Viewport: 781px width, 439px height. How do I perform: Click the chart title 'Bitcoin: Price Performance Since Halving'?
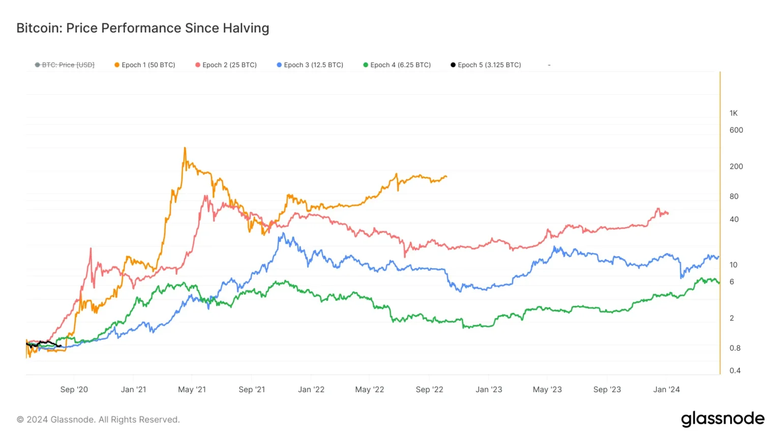pyautogui.click(x=142, y=28)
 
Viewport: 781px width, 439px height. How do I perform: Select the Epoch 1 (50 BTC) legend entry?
pyautogui.click(x=145, y=65)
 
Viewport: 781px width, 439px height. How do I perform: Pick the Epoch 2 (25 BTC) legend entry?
pyautogui.click(x=226, y=65)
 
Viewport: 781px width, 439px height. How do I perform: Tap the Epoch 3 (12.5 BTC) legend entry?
pyautogui.click(x=310, y=65)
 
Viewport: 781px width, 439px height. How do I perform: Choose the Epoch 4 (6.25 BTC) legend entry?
pyautogui.click(x=397, y=65)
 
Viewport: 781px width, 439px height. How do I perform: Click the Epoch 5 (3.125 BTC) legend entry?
pyautogui.click(x=486, y=65)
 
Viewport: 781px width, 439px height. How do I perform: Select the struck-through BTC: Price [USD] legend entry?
pyautogui.click(x=65, y=65)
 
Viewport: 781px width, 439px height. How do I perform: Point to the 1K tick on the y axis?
pyautogui.click(x=733, y=113)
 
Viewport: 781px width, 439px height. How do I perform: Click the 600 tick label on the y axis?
pyautogui.click(x=736, y=130)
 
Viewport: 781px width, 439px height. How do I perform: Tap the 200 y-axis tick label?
pyautogui.click(x=736, y=167)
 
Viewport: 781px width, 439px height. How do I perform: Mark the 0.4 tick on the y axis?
pyautogui.click(x=735, y=370)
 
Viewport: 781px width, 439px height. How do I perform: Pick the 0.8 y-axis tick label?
pyautogui.click(x=735, y=348)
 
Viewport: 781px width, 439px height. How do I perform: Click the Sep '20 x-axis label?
pyautogui.click(x=74, y=390)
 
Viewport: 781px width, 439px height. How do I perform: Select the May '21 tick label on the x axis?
pyautogui.click(x=192, y=390)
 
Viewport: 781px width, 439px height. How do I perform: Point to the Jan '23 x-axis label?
pyautogui.click(x=489, y=390)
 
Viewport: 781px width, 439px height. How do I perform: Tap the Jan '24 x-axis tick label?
pyautogui.click(x=666, y=390)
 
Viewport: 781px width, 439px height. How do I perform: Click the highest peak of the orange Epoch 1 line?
pyautogui.click(x=185, y=148)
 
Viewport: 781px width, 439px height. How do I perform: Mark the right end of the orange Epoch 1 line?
pyautogui.click(x=446, y=177)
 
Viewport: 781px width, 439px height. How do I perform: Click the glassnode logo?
pyautogui.click(x=723, y=419)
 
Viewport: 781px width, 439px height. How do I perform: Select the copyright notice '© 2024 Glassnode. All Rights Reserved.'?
pyautogui.click(x=98, y=420)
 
